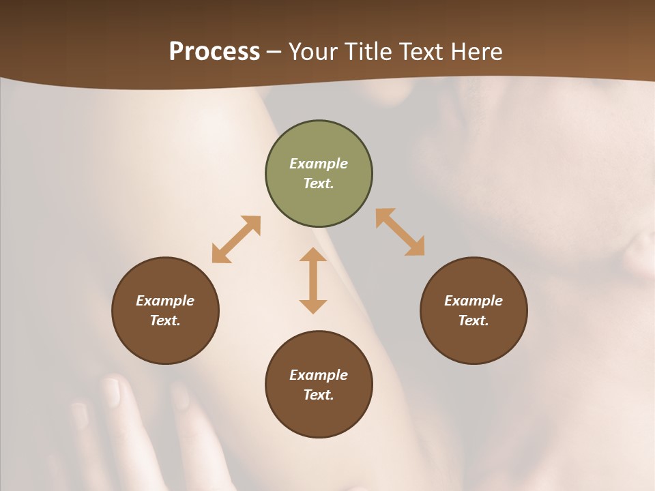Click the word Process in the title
[x=214, y=52]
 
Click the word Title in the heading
[x=369, y=52]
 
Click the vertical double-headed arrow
[x=313, y=280]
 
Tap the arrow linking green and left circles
[x=236, y=239]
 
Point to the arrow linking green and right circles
[x=400, y=233]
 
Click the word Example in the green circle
[x=319, y=164]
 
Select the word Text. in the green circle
[x=319, y=183]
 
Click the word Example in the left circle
[x=165, y=301]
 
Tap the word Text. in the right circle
[x=474, y=321]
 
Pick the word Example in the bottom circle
[x=319, y=375]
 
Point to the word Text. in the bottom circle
[x=319, y=395]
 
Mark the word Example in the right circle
[x=474, y=301]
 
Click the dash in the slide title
[x=274, y=52]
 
